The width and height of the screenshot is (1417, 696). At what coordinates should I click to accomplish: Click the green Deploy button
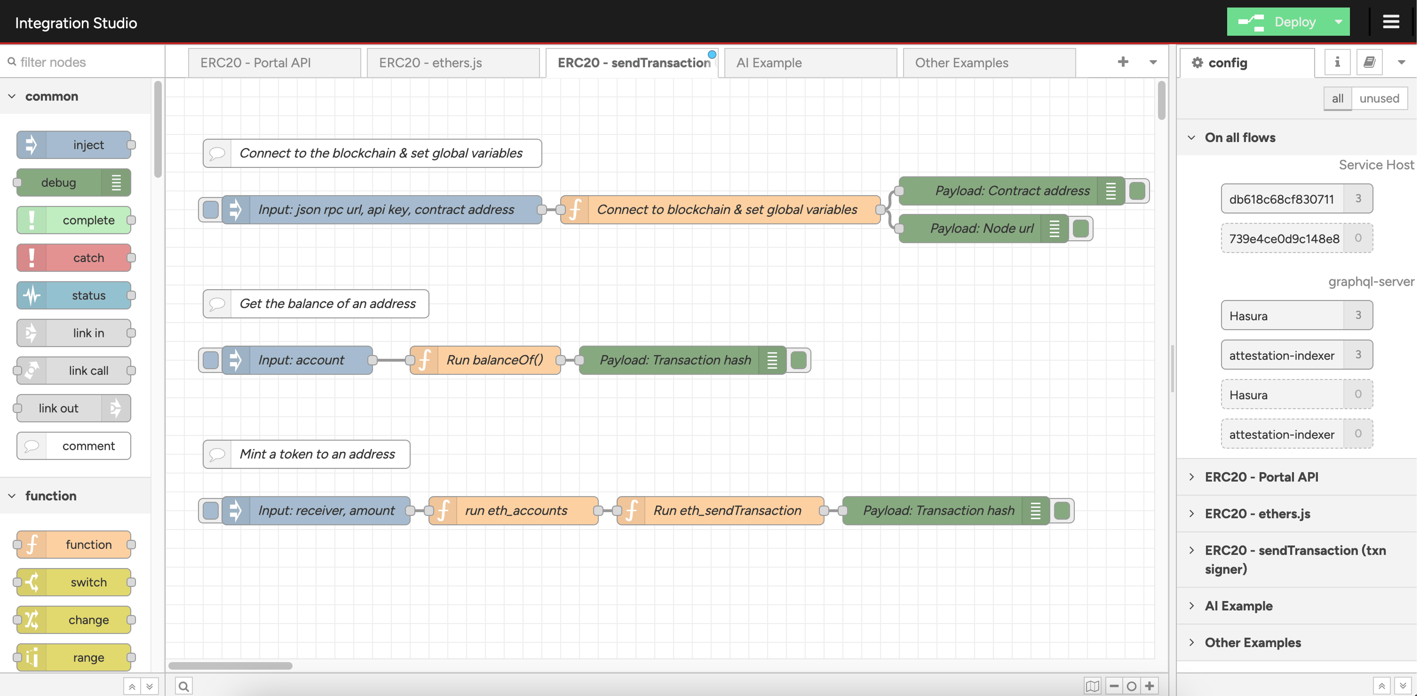(x=1277, y=22)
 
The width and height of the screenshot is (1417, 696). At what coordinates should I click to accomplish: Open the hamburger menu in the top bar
(x=1391, y=22)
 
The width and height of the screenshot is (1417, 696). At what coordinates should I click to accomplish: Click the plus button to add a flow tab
(x=1123, y=62)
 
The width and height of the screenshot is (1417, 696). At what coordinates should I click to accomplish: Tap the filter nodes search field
(x=83, y=62)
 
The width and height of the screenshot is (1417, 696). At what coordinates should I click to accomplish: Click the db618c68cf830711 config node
(x=1282, y=199)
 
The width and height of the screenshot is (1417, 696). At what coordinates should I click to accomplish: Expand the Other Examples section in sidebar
(x=1253, y=643)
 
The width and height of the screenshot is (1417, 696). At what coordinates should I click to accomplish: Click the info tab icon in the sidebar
(x=1337, y=62)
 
